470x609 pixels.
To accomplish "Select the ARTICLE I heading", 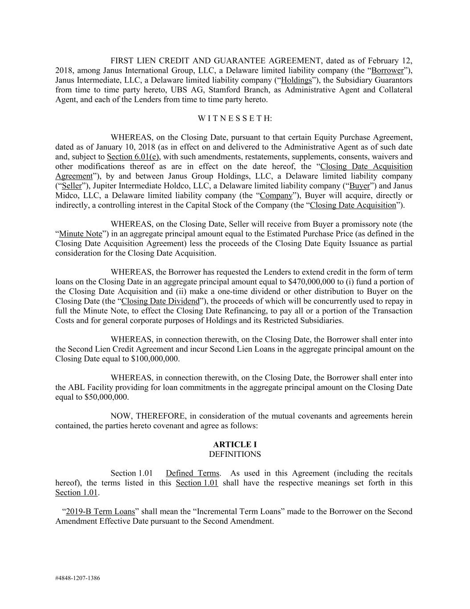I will [x=235, y=444].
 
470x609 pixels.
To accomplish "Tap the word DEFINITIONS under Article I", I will [x=235, y=454].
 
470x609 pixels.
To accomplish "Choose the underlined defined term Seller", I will [x=69, y=186].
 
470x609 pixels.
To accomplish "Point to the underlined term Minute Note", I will [x=81, y=234].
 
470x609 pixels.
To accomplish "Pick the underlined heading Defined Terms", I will [x=192, y=473].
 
